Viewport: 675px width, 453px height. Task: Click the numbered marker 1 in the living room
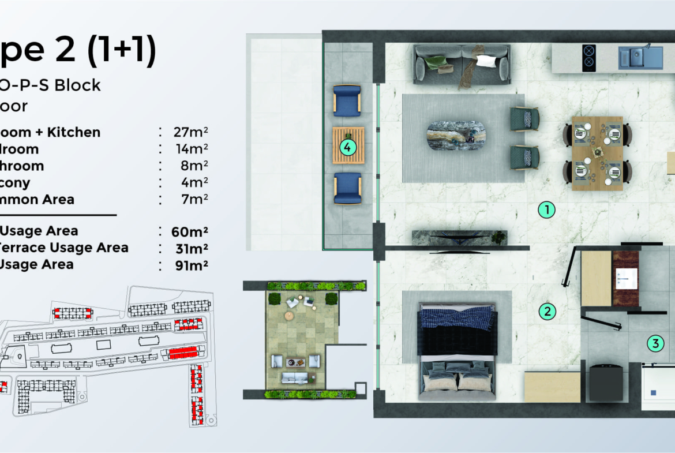click(x=546, y=210)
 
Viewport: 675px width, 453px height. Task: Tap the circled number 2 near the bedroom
click(x=547, y=312)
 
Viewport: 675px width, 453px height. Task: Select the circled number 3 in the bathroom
click(x=654, y=344)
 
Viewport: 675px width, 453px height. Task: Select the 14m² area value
click(x=192, y=149)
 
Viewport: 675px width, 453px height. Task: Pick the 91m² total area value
click(x=189, y=265)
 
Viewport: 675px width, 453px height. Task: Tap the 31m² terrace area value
click(x=189, y=248)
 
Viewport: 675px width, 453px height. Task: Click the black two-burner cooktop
click(x=588, y=57)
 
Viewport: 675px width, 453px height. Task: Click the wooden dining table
click(x=597, y=152)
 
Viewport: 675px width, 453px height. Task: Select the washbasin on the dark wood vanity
click(x=625, y=278)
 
